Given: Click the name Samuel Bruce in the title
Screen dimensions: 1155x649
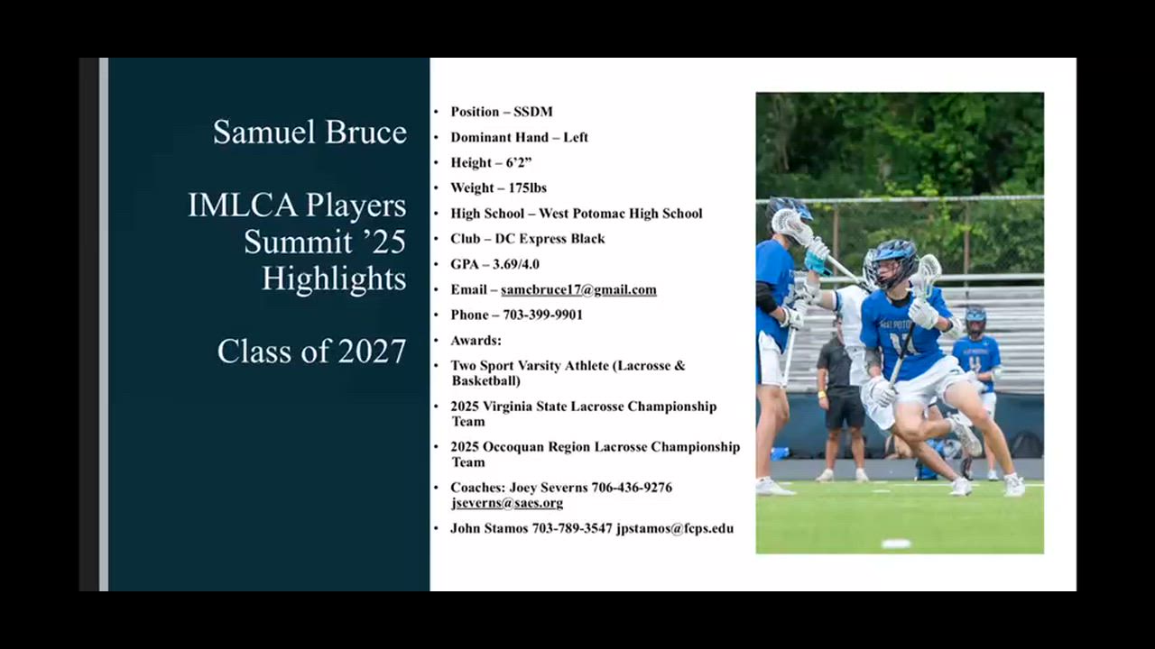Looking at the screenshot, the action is point(310,132).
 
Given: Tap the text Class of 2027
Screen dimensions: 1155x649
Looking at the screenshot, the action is point(311,352).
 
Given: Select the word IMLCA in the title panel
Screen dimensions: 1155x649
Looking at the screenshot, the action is point(243,205).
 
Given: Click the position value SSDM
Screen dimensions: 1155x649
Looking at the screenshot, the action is point(532,112).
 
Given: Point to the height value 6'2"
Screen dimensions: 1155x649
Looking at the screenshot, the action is point(518,162).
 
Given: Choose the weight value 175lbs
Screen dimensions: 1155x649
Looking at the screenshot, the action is point(528,187).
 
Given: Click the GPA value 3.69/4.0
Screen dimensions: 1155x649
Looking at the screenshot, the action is point(516,264).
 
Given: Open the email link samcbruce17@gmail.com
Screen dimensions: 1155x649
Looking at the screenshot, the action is point(578,289).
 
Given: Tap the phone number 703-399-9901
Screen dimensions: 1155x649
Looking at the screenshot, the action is point(542,315).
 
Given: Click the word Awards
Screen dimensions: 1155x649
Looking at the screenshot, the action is point(476,341).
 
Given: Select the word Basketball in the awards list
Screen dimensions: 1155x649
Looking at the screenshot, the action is point(485,380).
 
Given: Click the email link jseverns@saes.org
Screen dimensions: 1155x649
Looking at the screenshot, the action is point(507,503).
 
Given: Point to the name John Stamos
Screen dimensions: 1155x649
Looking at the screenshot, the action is point(489,528).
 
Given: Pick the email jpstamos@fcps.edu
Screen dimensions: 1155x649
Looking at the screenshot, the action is point(675,528).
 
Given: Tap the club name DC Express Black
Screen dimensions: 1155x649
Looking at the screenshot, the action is point(550,239).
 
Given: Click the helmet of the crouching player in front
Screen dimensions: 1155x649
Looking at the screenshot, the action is point(896,261).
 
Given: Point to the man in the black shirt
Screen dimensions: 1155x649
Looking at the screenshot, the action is point(842,402).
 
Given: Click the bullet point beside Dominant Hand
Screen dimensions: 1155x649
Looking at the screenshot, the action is point(436,138).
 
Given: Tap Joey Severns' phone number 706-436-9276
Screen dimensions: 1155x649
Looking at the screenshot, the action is point(632,488).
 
